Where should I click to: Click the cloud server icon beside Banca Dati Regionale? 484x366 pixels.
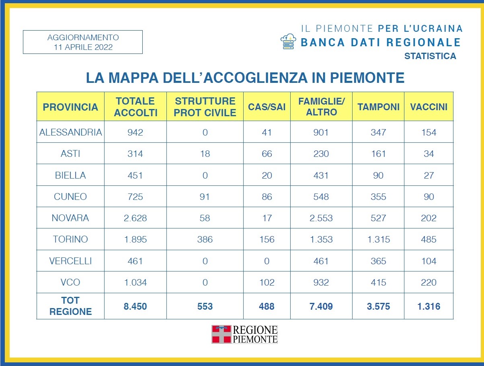pos(288,41)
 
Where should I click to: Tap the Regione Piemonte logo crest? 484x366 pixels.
pos(221,334)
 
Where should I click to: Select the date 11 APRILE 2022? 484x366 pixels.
pos(83,47)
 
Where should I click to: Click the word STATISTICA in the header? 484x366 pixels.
pos(430,56)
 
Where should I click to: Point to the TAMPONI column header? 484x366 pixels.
pos(378,107)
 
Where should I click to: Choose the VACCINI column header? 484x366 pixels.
pos(429,107)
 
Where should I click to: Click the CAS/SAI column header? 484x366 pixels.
pos(267,107)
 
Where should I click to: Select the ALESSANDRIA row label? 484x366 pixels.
pos(71,132)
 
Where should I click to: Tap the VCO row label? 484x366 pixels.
pos(70,282)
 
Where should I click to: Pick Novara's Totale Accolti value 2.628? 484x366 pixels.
pos(135,218)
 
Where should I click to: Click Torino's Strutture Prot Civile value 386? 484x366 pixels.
pos(205,239)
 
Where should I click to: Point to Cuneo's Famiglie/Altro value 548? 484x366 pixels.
pos(321,197)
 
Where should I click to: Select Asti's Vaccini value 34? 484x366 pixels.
pos(429,154)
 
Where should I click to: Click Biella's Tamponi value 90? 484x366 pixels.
pos(378,175)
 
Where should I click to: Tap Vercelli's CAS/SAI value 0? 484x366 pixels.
pos(267,261)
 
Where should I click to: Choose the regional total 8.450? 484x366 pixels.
pos(135,306)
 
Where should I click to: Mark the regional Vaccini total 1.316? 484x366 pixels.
pos(429,306)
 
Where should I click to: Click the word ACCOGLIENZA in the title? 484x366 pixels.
pos(255,78)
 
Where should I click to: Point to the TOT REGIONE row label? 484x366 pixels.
pos(70,306)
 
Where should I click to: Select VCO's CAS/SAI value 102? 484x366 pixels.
pos(267,282)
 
